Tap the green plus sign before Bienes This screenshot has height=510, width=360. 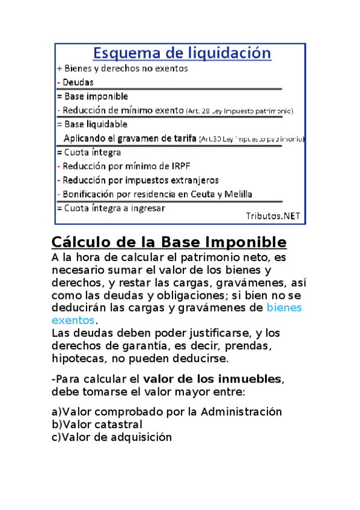tap(59, 69)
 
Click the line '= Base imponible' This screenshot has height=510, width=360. tap(92, 96)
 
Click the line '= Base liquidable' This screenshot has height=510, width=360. tap(92, 124)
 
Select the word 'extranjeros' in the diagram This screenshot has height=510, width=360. tap(194, 180)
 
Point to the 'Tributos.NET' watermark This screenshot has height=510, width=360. tap(273, 216)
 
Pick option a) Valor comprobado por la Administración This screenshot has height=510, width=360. tap(166, 412)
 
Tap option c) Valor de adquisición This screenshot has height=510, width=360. tap(111, 437)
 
